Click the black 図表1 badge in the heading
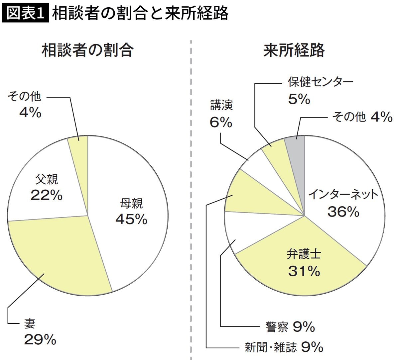pos(25,13)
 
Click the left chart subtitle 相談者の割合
pos(87,50)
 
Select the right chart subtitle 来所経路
pos(294,50)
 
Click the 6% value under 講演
pos(221,123)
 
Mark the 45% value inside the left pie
pos(131,219)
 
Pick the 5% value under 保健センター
pos(299,99)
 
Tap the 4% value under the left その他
pos(30,113)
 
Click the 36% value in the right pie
pos(343,212)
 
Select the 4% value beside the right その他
pos(381,117)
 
